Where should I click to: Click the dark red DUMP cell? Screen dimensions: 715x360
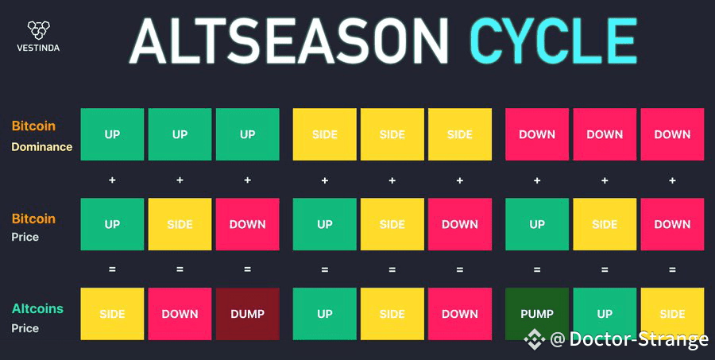click(248, 314)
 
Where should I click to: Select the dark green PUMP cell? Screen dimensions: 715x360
click(537, 314)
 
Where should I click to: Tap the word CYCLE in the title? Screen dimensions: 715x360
click(554, 41)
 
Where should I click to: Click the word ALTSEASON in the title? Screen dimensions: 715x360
click(289, 41)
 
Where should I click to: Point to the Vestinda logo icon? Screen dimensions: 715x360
click(38, 30)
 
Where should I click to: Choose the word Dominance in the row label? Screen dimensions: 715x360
click(42, 147)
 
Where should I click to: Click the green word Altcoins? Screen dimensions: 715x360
click(37, 309)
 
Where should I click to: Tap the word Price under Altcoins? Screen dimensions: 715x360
click(25, 328)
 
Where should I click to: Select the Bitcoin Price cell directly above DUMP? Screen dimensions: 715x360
click(248, 224)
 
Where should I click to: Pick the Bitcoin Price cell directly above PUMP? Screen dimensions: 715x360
click(537, 224)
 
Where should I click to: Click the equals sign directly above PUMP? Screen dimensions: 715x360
click(537, 269)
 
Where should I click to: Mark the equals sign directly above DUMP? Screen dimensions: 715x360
click(248, 269)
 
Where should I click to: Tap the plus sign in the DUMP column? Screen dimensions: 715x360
click(248, 180)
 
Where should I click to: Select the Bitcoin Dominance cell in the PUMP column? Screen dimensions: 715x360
click(537, 134)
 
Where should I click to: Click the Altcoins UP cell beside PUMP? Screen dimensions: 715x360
click(605, 314)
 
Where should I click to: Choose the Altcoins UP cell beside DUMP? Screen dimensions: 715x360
click(325, 314)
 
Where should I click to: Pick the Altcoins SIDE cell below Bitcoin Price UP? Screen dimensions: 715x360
click(112, 314)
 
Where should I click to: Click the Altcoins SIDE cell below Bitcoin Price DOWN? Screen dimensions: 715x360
click(672, 314)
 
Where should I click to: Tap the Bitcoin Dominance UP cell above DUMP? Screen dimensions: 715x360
click(248, 134)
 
